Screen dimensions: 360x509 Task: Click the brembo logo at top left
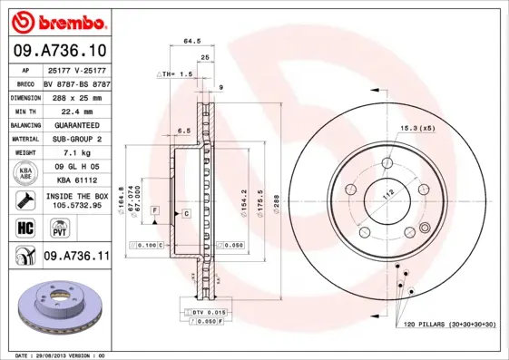[x=56, y=19]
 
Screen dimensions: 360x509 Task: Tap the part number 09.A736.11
[x=76, y=257]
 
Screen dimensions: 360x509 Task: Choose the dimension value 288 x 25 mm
[x=76, y=95]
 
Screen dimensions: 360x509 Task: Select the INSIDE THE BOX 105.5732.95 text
[x=76, y=200]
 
